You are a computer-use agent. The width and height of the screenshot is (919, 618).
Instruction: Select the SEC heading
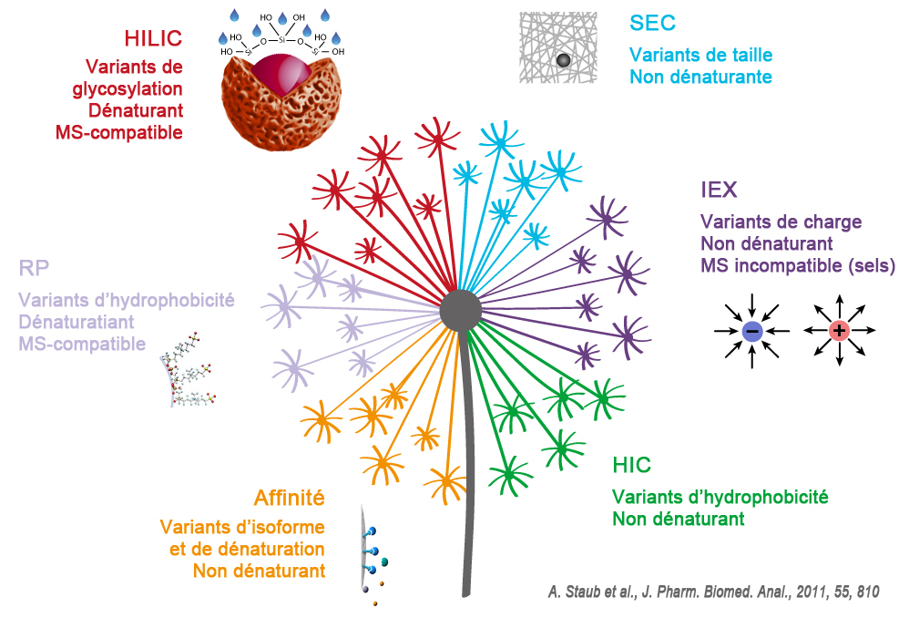click(652, 23)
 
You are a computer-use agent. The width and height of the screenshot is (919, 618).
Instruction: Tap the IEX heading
click(719, 191)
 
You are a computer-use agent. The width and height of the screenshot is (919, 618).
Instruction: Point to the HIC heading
click(632, 465)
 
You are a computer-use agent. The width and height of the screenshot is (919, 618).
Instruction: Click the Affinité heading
click(288, 498)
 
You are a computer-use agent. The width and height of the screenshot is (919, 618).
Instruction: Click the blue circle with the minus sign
click(752, 332)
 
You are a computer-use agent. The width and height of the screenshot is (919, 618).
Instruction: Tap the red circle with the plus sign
click(839, 332)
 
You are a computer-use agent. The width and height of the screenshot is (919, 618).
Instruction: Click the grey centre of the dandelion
click(460, 310)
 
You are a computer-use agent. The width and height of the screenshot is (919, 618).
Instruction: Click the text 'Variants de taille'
click(701, 56)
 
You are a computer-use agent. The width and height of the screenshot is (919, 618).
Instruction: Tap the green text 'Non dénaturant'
click(679, 520)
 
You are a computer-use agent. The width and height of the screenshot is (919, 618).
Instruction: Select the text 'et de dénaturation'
click(248, 549)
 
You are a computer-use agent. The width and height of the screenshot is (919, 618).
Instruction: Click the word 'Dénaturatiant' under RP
click(77, 322)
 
